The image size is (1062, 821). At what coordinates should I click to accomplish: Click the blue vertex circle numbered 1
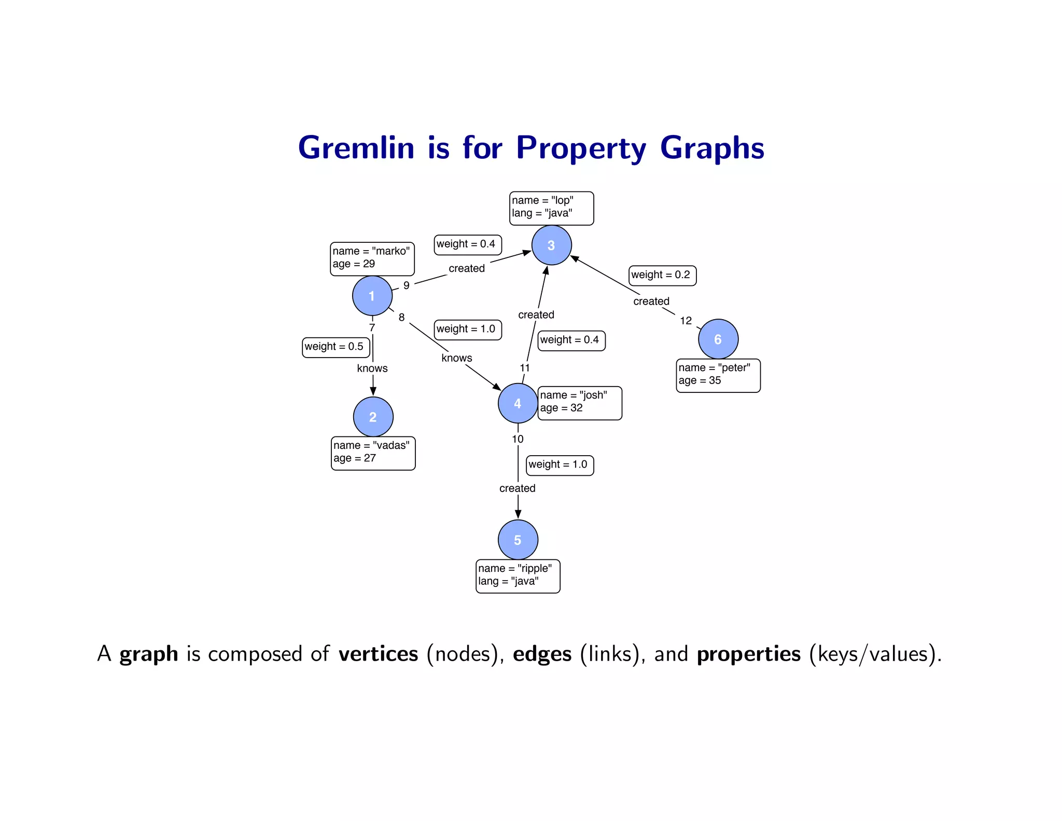click(x=372, y=296)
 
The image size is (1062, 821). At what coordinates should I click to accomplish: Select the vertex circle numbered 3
click(x=551, y=245)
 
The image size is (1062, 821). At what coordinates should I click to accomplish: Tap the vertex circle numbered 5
click(x=518, y=540)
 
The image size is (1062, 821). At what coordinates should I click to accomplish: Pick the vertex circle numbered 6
click(x=718, y=339)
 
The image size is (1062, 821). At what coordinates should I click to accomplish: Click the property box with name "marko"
click(x=372, y=258)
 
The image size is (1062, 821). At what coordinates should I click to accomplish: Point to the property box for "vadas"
click(x=373, y=453)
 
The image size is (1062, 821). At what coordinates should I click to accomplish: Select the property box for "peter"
click(x=718, y=375)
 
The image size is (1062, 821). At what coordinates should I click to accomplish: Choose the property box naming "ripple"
click(x=518, y=576)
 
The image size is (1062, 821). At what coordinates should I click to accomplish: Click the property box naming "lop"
click(x=551, y=208)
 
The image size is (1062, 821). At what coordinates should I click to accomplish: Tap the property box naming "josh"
click(x=579, y=403)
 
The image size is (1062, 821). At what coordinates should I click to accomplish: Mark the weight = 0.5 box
click(x=336, y=347)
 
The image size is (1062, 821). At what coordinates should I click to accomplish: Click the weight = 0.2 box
click(x=662, y=275)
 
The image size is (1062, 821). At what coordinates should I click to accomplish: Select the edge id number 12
click(x=686, y=321)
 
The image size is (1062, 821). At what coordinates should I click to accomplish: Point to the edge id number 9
click(x=407, y=285)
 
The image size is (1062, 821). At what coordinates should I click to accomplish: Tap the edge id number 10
click(x=518, y=439)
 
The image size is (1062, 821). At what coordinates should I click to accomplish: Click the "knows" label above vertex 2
click(x=372, y=368)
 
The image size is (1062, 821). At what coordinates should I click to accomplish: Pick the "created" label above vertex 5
click(x=517, y=488)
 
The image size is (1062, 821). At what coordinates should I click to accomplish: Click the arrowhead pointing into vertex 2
click(x=373, y=391)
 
